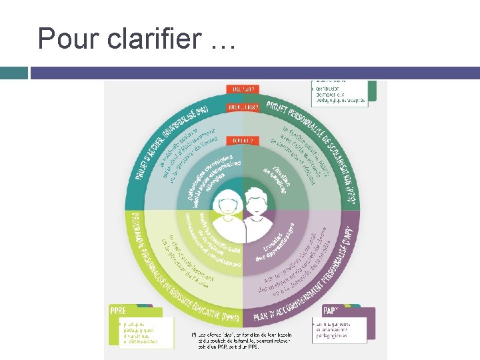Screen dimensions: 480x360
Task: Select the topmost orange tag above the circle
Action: coord(241,88)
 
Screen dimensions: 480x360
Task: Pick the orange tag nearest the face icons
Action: coord(241,141)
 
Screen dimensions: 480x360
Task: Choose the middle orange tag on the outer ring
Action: coord(241,107)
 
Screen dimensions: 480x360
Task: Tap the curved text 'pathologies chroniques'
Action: coord(209,171)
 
